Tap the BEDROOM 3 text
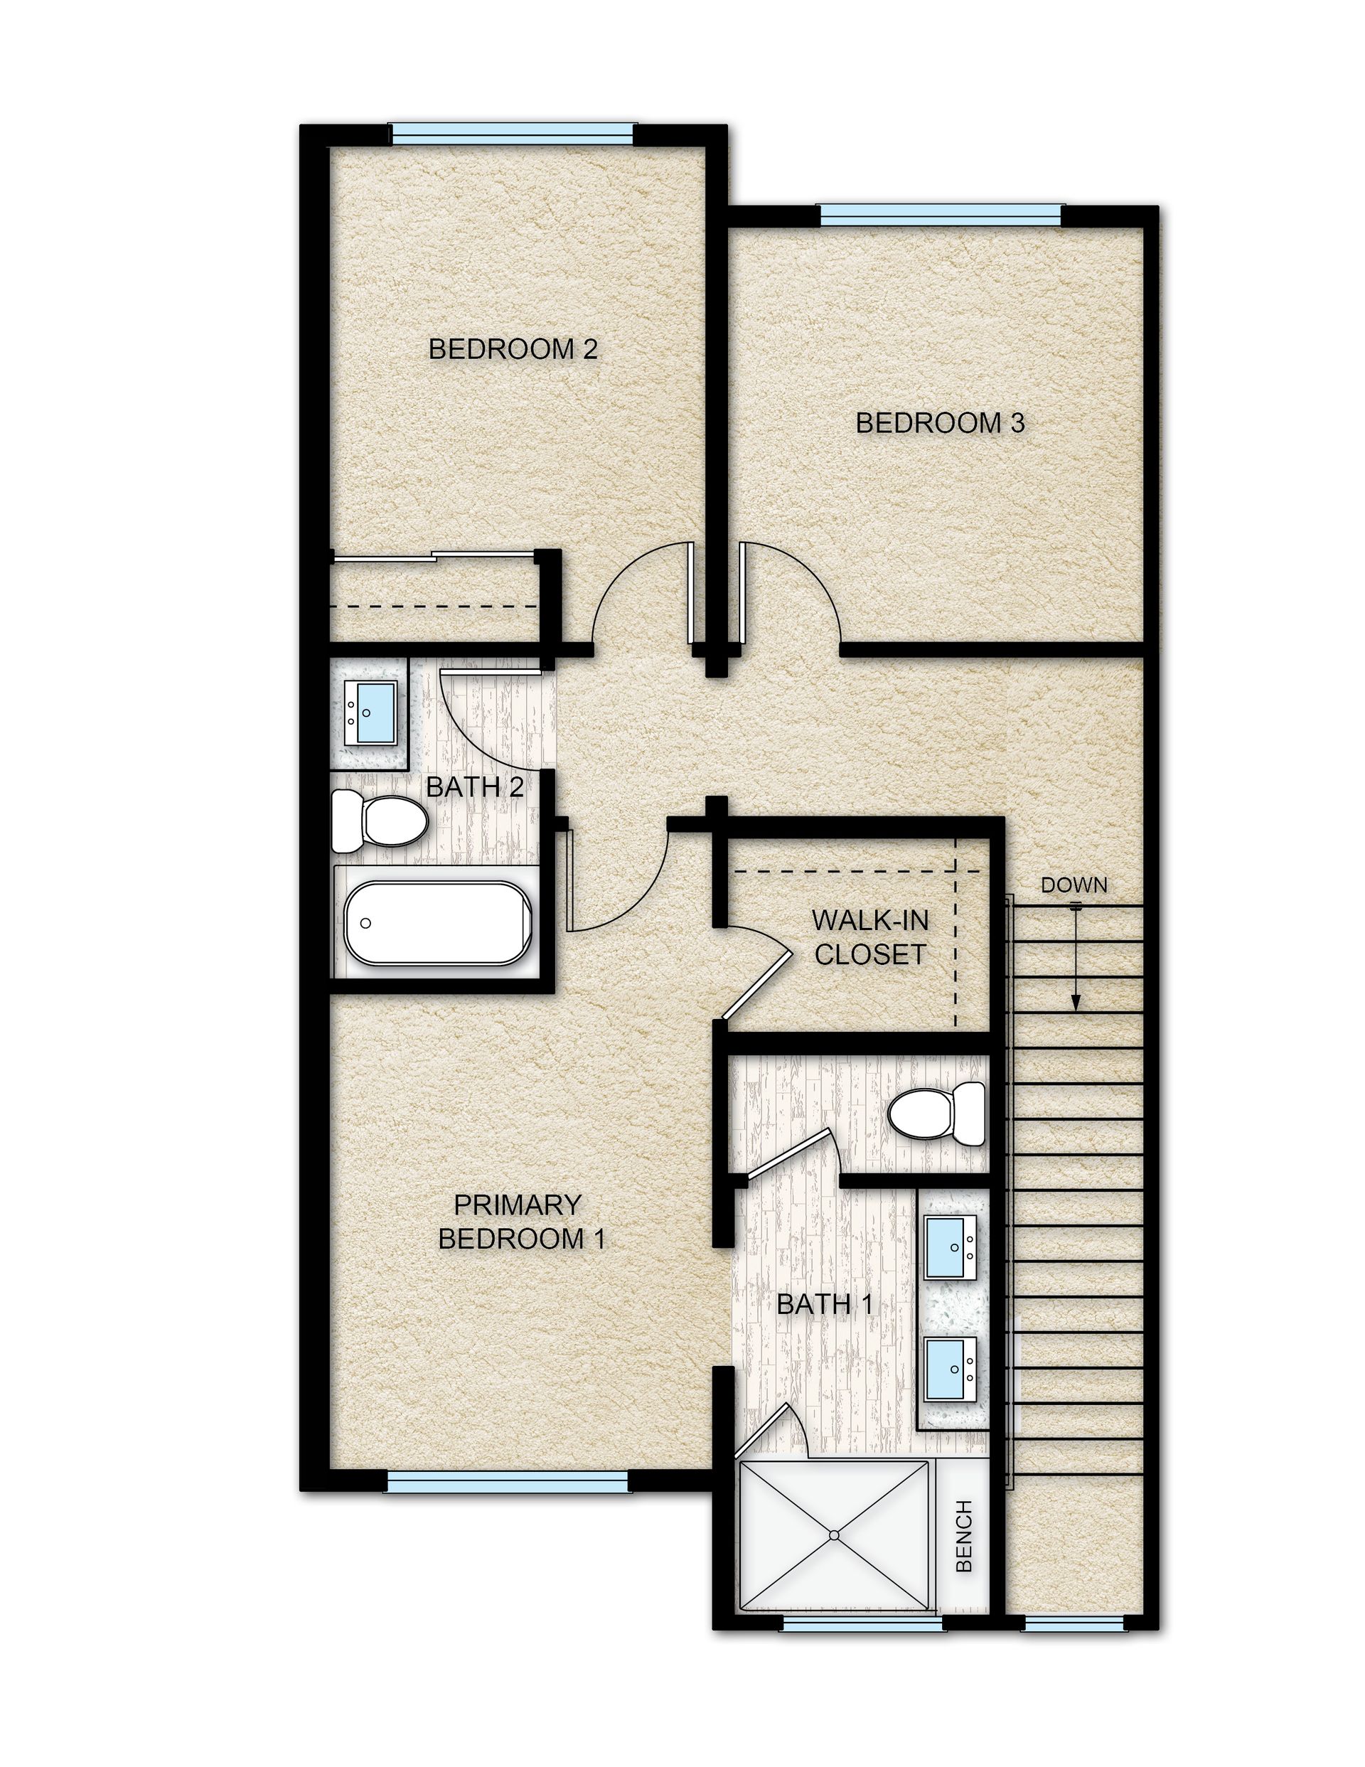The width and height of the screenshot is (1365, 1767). tap(939, 423)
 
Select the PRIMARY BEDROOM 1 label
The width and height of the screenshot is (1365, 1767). tap(520, 1222)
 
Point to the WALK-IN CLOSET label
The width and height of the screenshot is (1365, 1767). tap(869, 938)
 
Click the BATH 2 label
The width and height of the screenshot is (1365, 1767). tap(474, 786)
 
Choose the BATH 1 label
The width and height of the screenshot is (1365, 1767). tap(825, 1304)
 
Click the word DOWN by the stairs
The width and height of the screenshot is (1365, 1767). tap(1073, 885)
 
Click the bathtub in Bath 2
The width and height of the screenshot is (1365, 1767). tap(438, 922)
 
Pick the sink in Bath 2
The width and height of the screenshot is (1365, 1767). tap(370, 712)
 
